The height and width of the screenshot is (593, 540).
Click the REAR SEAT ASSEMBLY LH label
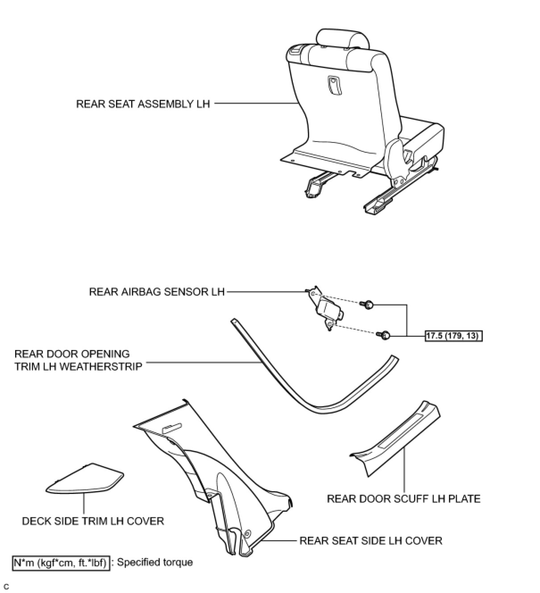coord(143,104)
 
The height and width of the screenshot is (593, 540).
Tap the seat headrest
coord(343,39)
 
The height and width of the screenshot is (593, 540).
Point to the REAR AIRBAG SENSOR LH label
coord(157,292)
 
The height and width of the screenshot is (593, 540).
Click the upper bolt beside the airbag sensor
coord(368,305)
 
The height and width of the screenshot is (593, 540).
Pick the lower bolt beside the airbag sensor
coord(384,334)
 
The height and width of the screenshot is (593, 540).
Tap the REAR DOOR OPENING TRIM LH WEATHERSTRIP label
coord(78,360)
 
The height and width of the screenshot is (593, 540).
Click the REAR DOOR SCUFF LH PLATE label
coord(403,499)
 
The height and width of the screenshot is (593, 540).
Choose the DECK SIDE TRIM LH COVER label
coord(93,521)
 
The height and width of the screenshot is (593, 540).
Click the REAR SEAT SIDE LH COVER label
coord(370,541)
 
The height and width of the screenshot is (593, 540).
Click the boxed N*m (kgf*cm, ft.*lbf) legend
coord(60,562)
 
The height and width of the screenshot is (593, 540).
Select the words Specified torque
coord(155,562)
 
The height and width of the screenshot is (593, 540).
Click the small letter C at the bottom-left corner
coord(6,586)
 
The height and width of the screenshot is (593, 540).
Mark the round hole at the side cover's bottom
coord(247,533)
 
